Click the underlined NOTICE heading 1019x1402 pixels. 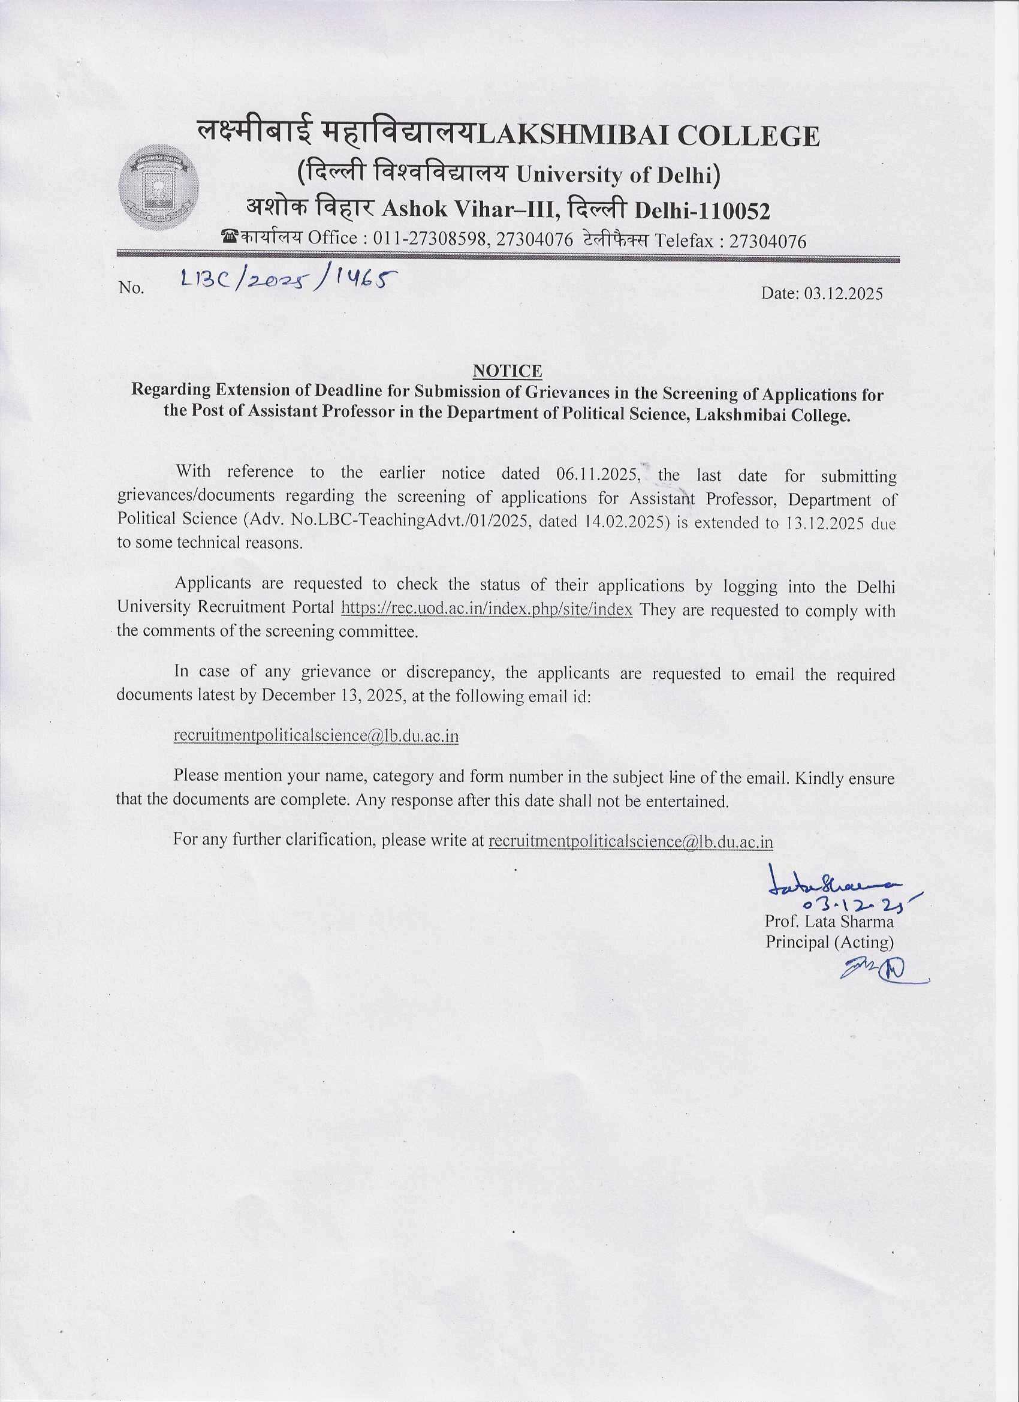tap(507, 371)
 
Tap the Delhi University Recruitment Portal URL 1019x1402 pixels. tap(487, 609)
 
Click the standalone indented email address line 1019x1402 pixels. tap(316, 736)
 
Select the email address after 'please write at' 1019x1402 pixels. tap(631, 841)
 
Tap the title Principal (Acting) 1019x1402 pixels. tap(830, 942)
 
